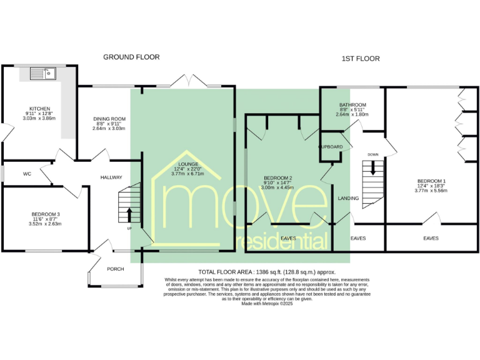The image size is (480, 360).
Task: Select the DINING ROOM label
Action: (109, 119)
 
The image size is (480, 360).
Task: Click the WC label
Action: (27, 174)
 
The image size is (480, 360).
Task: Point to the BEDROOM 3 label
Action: (45, 214)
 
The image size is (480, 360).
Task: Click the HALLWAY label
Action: (111, 177)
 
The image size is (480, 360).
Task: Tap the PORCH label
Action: (116, 269)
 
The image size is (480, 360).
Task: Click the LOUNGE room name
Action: (188, 164)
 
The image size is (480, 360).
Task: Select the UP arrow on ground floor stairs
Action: (129, 214)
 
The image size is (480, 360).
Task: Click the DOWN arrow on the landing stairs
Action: (374, 167)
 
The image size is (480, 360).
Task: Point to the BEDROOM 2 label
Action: (277, 181)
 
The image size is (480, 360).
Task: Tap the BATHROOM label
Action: (352, 105)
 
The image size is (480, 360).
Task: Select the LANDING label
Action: (348, 198)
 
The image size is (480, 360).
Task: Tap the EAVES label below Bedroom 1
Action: (431, 238)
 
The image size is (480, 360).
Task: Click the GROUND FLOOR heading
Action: (131, 57)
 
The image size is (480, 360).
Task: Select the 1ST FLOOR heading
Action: (361, 59)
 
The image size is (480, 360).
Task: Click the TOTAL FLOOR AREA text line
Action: (267, 272)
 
